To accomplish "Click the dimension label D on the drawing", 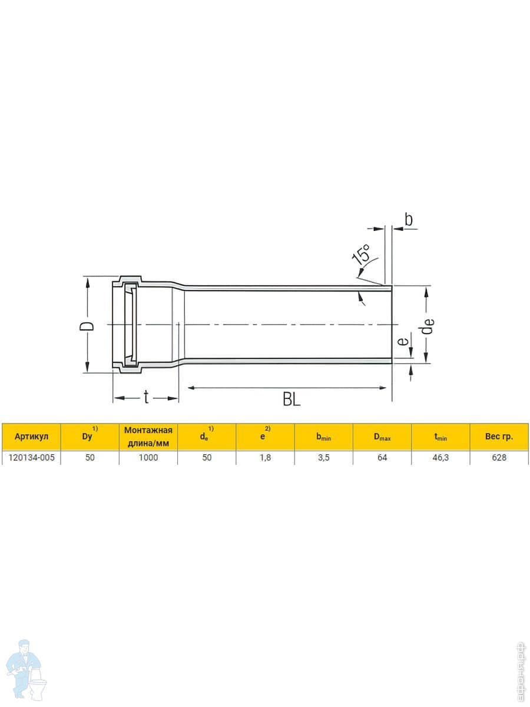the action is [87, 326].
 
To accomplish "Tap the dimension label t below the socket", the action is [146, 397].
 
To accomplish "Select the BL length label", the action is [291, 399].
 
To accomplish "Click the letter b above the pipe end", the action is [408, 219].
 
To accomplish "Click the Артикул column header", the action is [31, 437].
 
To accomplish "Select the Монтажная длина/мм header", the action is [148, 437].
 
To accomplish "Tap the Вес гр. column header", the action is [499, 437].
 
